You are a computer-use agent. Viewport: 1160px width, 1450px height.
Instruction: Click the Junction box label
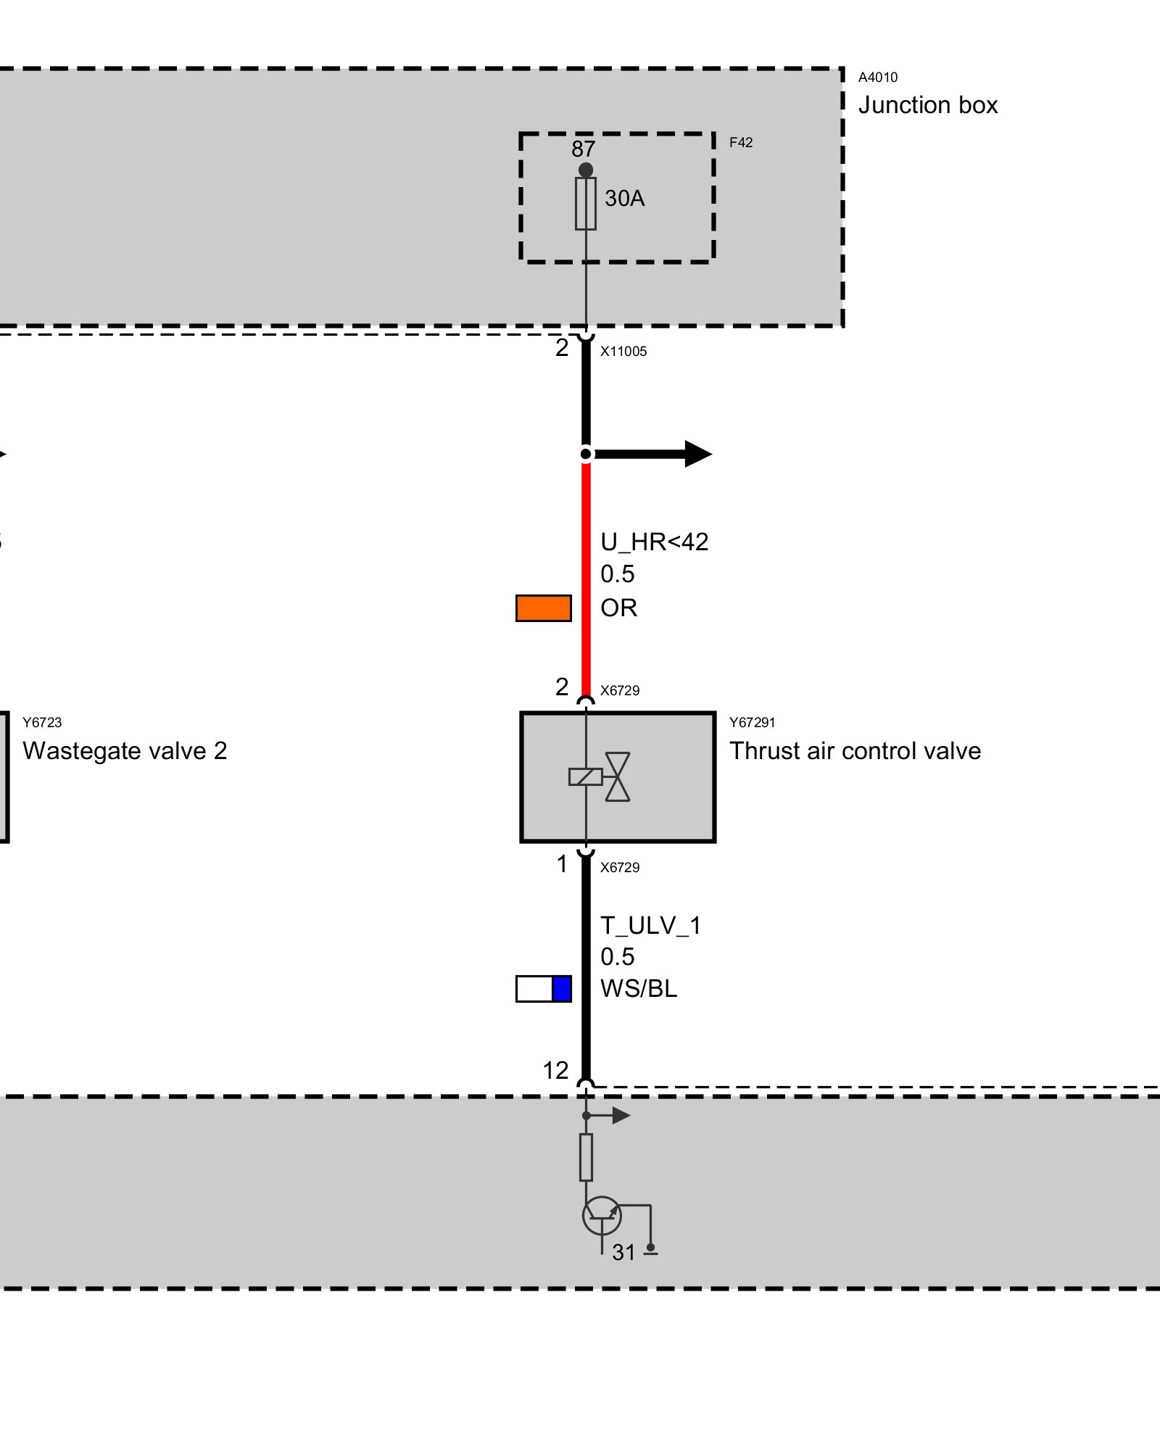pyautogui.click(x=927, y=105)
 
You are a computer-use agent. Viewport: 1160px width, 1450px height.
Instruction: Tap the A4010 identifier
pyautogui.click(x=877, y=78)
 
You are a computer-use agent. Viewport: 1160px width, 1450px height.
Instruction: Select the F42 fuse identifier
pyautogui.click(x=740, y=143)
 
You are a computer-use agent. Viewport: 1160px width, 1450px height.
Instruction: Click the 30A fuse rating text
pyautogui.click(x=624, y=198)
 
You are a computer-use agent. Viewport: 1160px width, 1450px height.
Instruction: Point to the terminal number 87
pyautogui.click(x=583, y=149)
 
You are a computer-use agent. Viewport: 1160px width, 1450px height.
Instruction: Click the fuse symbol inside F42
pyautogui.click(x=586, y=204)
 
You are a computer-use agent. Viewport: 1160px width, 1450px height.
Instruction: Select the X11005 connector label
pyautogui.click(x=623, y=352)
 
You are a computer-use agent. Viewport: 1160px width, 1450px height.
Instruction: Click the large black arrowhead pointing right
pyautogui.click(x=697, y=454)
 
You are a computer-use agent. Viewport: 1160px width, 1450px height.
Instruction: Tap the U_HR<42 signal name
pyautogui.click(x=654, y=542)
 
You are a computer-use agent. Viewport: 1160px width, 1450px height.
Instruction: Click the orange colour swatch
pyautogui.click(x=543, y=608)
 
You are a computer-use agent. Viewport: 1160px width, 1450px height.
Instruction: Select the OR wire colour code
pyautogui.click(x=618, y=608)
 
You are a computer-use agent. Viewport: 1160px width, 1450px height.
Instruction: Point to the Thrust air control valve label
pyautogui.click(x=855, y=751)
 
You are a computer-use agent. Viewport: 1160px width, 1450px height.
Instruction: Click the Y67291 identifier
pyautogui.click(x=752, y=722)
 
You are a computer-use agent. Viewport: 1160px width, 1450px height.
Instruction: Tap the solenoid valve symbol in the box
pyautogui.click(x=601, y=776)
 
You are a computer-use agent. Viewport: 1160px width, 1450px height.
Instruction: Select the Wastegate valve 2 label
pyautogui.click(x=125, y=751)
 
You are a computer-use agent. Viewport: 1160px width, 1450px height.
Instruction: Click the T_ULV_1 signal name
pyautogui.click(x=650, y=926)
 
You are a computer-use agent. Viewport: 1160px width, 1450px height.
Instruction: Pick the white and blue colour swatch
pyautogui.click(x=543, y=989)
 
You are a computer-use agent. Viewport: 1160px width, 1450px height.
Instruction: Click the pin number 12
pyautogui.click(x=556, y=1071)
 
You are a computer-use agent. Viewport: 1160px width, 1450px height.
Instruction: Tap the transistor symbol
pyautogui.click(x=602, y=1216)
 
